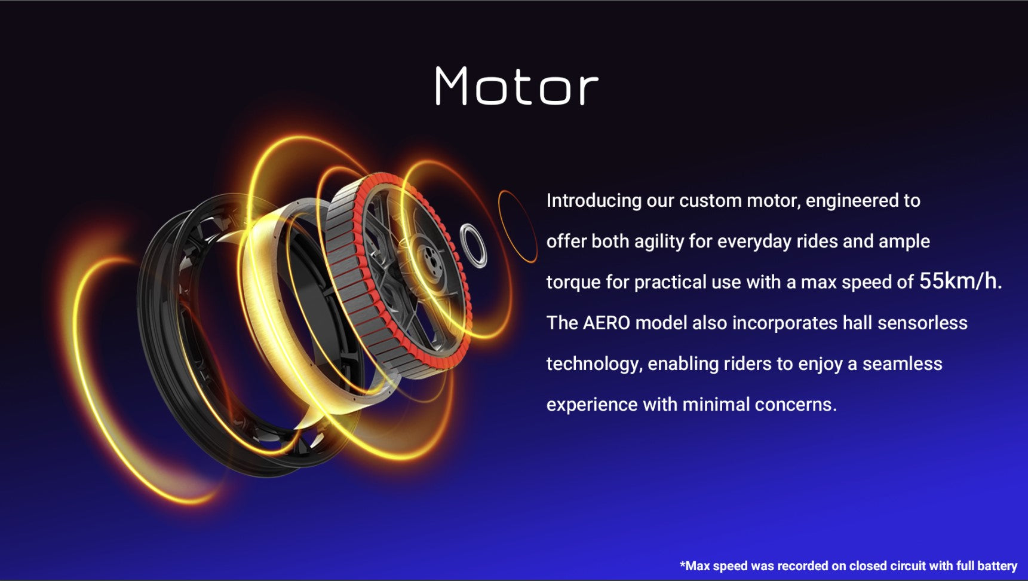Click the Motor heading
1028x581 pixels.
(517, 86)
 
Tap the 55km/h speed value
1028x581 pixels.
(961, 280)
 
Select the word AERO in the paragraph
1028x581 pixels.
(606, 323)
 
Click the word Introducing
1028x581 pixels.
(594, 201)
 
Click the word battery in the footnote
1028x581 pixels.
(996, 565)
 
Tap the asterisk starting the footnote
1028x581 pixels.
(682, 564)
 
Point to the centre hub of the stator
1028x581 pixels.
(428, 260)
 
